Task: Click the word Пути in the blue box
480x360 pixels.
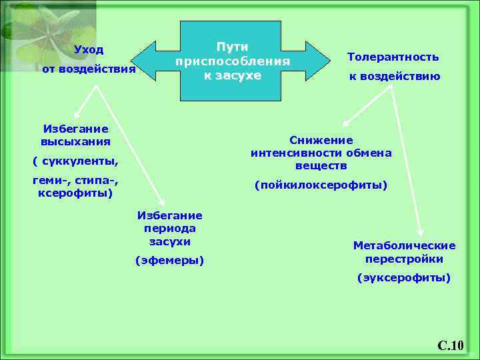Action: [x=232, y=47]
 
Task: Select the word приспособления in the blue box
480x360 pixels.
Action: [x=232, y=61]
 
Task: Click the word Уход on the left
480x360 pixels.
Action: [x=89, y=50]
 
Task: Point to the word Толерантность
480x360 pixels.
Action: [x=393, y=57]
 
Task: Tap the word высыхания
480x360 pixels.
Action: [x=75, y=142]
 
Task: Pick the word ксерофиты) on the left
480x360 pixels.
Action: [x=75, y=193]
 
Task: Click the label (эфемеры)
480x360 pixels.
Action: [x=169, y=260]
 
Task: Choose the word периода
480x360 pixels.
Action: [x=169, y=228]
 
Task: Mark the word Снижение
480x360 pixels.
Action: [x=321, y=140]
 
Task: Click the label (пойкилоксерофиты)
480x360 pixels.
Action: [x=321, y=185]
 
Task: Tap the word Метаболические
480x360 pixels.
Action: [x=404, y=245]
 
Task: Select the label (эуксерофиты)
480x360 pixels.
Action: [x=404, y=277]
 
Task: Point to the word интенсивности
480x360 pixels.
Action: [x=291, y=153]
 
